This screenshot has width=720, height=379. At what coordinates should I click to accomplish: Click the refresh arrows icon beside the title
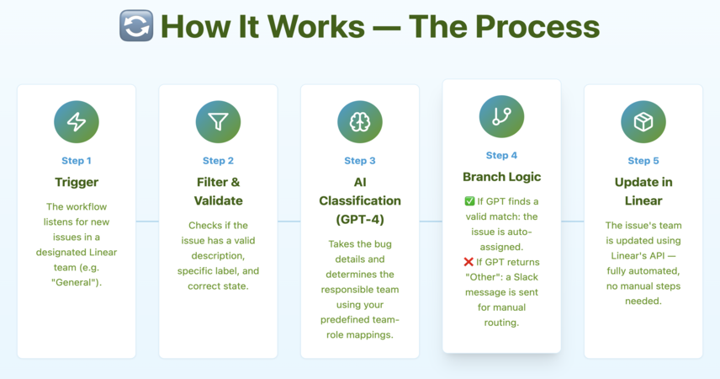click(136, 26)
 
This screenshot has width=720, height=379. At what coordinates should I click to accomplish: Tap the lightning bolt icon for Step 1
click(77, 122)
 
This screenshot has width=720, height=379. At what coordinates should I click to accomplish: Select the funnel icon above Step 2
click(218, 122)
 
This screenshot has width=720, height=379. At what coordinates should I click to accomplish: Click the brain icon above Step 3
click(360, 122)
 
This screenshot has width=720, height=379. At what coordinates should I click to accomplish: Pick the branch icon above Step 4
click(501, 116)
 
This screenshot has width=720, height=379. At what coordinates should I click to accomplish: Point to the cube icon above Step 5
click(643, 122)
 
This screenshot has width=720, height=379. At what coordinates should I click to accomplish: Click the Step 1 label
click(77, 161)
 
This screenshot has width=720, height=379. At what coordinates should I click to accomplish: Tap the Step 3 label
click(360, 161)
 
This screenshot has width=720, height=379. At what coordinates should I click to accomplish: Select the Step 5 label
click(643, 161)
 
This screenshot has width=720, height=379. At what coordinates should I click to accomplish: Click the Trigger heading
click(77, 182)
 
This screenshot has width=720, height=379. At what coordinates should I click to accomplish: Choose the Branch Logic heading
click(501, 177)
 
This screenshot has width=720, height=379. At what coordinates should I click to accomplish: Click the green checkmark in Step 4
click(469, 201)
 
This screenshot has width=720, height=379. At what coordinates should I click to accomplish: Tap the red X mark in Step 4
click(469, 262)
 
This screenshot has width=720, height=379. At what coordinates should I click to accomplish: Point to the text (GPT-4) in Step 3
click(360, 219)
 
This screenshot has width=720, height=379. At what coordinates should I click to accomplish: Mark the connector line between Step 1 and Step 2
click(147, 222)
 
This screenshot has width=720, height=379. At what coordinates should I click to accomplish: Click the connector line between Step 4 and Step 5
click(573, 222)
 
